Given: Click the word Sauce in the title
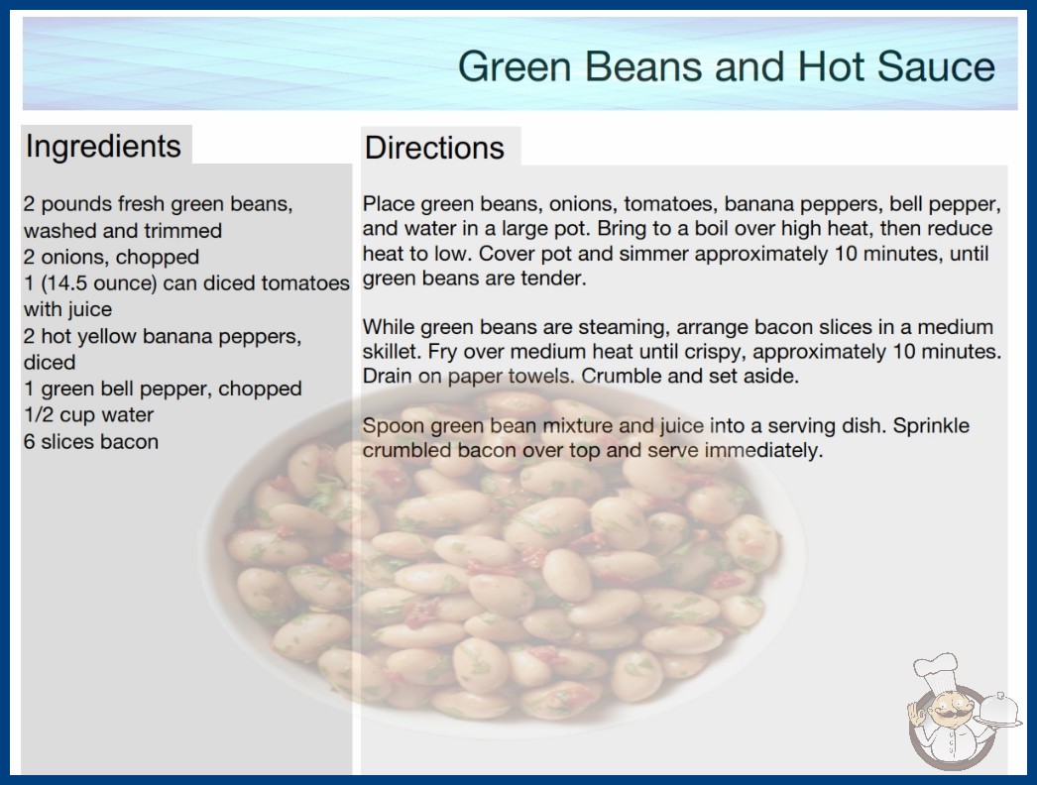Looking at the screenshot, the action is (936, 66).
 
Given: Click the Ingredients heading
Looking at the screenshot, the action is (103, 146).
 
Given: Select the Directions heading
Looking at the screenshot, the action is (434, 148).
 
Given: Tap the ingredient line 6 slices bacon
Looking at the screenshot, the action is (91, 441).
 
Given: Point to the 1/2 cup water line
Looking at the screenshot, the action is (88, 414).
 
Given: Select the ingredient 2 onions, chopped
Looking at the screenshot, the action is (111, 257).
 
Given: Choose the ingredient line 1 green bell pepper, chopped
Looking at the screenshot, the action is (163, 389).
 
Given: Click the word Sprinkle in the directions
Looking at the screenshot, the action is (931, 426).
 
